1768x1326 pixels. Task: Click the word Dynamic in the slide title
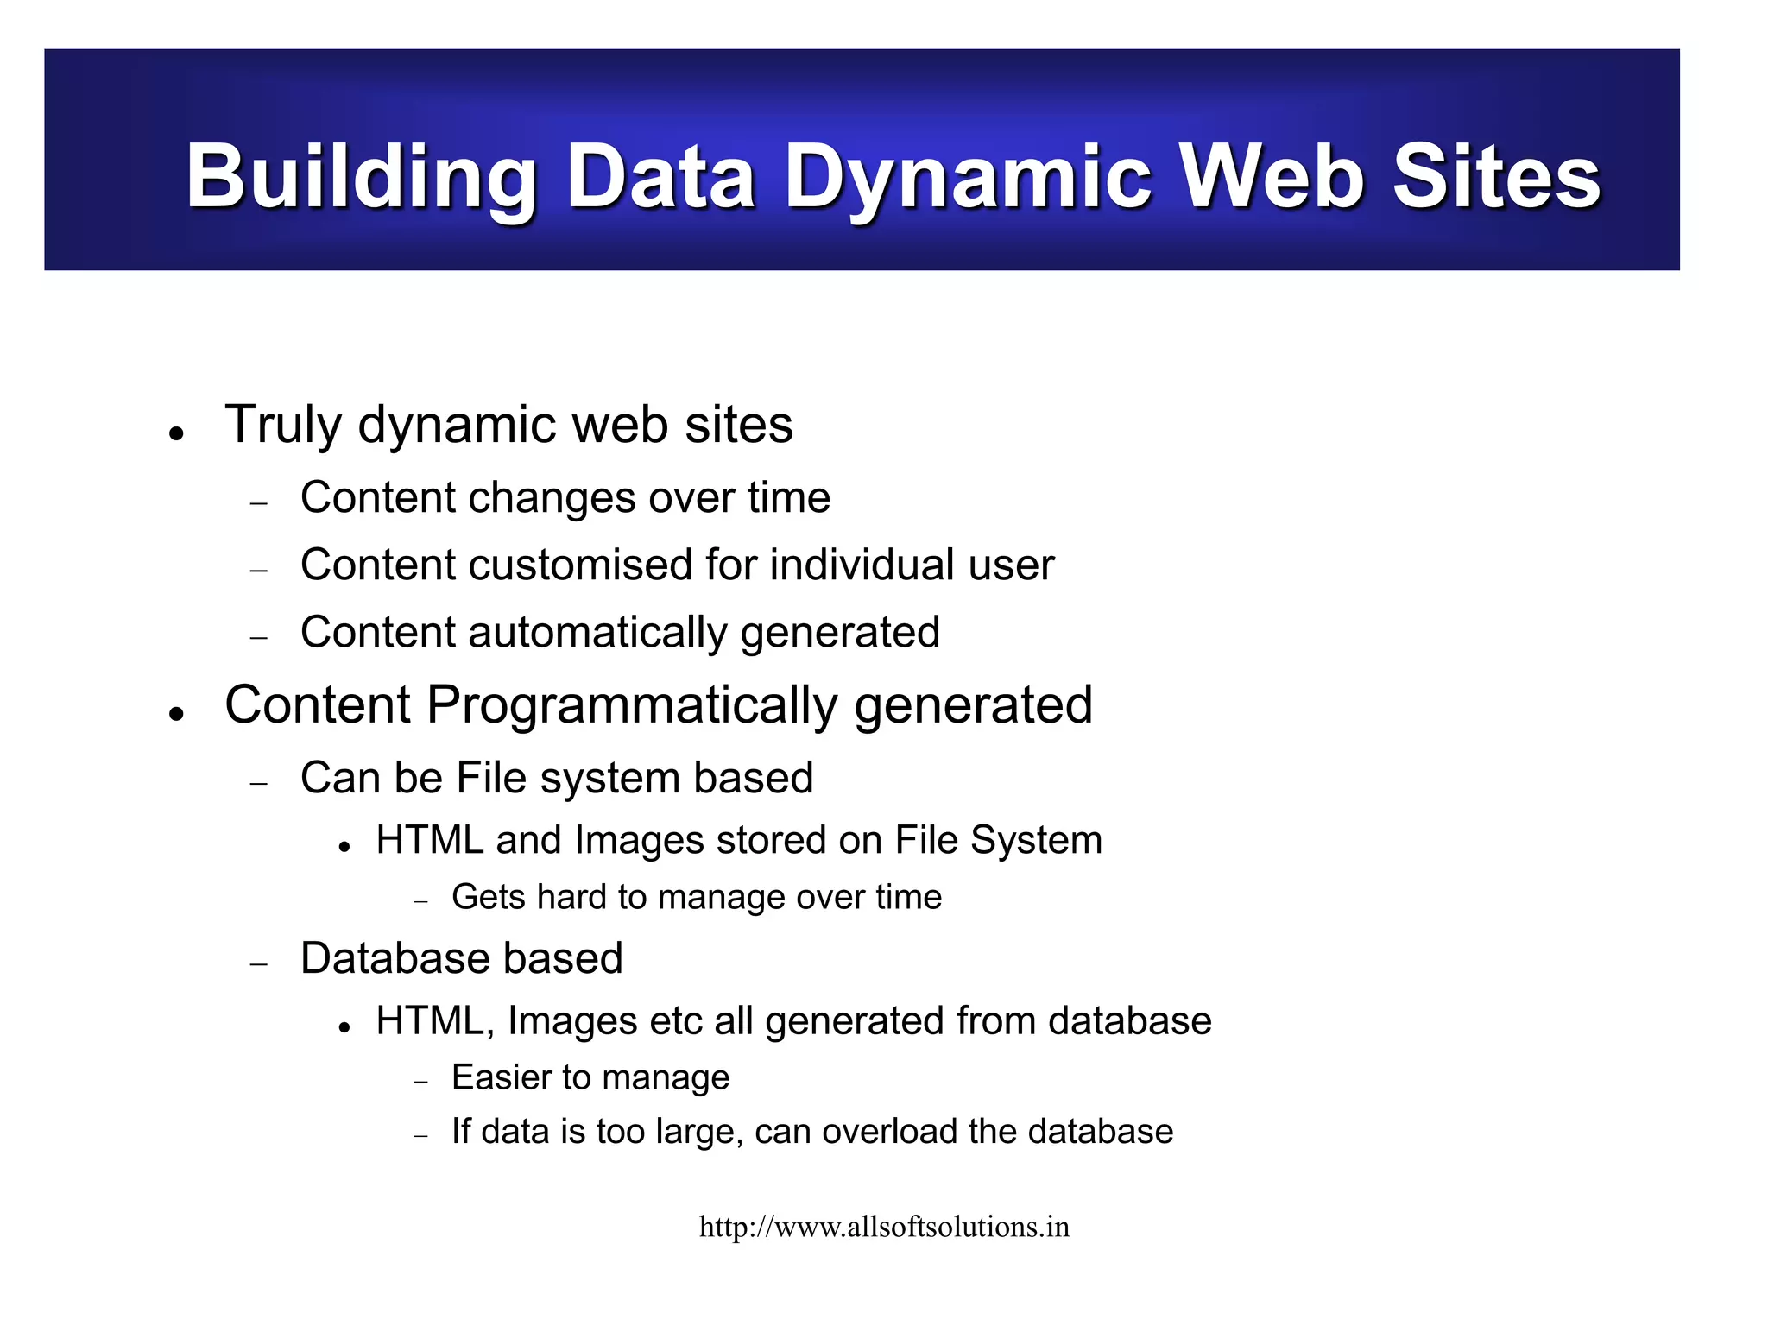coord(968,178)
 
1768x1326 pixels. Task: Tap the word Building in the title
coord(362,178)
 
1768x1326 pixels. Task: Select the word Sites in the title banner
coord(1497,178)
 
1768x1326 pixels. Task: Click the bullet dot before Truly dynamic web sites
coord(177,433)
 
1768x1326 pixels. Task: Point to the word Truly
coord(283,426)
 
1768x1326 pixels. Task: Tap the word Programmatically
coord(632,706)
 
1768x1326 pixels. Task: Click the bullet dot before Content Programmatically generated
coord(177,714)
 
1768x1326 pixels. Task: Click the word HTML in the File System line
coord(429,840)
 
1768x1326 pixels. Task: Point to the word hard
coord(572,898)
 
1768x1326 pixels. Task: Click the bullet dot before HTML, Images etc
coord(344,1027)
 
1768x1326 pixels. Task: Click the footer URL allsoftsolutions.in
coord(884,1227)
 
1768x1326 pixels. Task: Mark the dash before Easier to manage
coord(421,1082)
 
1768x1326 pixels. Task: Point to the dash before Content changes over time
coord(259,502)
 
